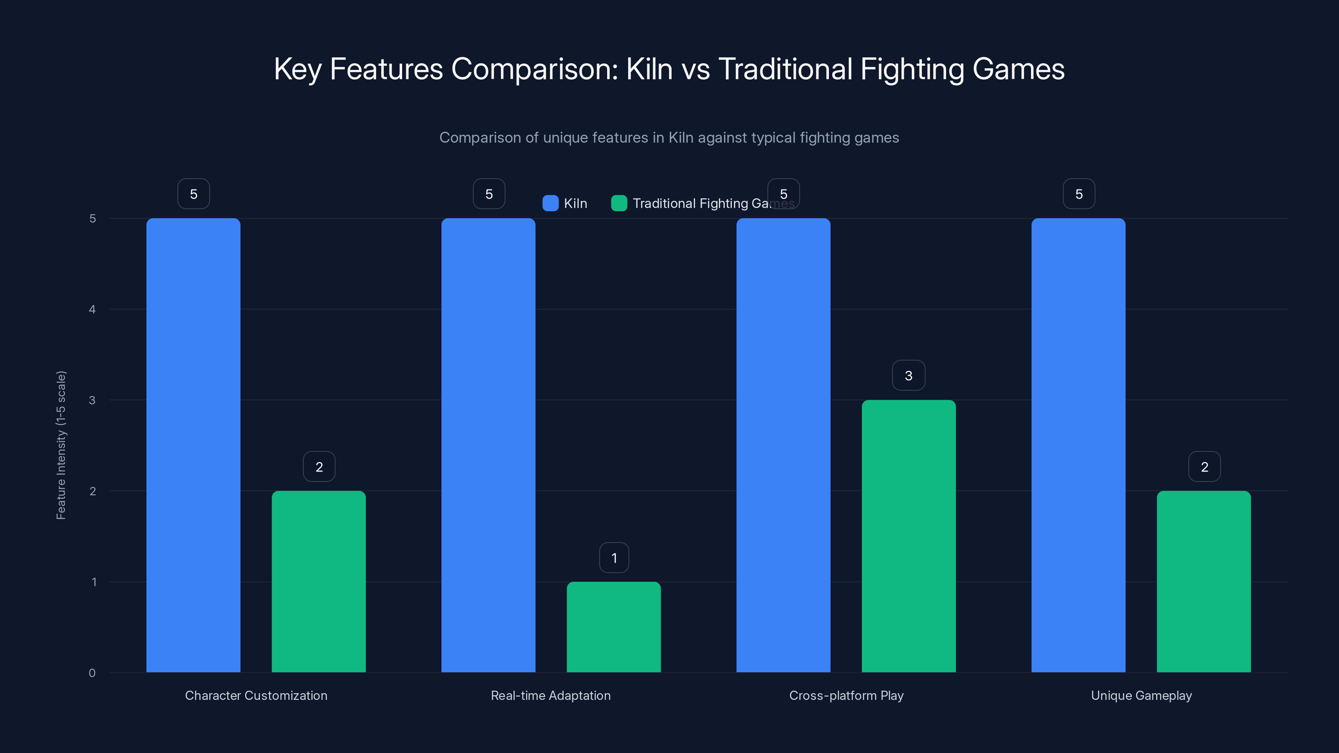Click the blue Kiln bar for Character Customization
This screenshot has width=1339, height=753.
[x=193, y=445]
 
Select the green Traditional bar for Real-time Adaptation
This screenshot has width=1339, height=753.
[x=613, y=627]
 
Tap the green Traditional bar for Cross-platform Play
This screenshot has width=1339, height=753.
[x=908, y=536]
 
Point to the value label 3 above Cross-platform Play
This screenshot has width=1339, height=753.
[x=908, y=375]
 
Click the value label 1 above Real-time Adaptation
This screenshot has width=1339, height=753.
[x=614, y=558]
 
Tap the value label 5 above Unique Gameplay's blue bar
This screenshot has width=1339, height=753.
[x=1079, y=194]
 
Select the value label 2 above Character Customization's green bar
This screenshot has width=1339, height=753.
[x=319, y=467]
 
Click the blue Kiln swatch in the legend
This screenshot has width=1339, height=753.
[x=550, y=203]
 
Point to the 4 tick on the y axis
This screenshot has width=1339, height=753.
[x=92, y=309]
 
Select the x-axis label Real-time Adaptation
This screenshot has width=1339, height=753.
[x=551, y=695]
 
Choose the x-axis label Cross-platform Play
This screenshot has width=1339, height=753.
[x=846, y=695]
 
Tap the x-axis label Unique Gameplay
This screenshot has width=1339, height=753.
[x=1141, y=695]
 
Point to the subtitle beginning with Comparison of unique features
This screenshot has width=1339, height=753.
[x=669, y=137]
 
